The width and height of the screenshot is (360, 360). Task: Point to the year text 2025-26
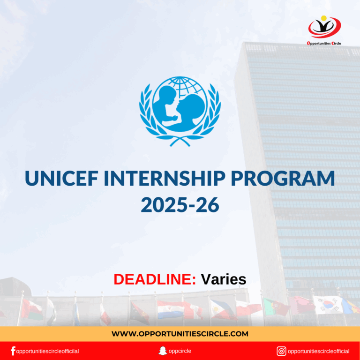(x=180, y=205)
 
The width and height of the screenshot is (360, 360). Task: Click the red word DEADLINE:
(x=155, y=279)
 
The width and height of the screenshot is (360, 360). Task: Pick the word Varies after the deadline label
(x=224, y=279)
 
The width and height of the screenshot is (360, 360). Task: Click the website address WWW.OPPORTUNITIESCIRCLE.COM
(x=180, y=334)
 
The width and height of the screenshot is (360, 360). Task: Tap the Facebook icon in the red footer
(x=13, y=351)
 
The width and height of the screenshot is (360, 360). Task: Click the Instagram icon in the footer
(x=281, y=351)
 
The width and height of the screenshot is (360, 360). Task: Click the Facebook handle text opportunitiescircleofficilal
(x=47, y=351)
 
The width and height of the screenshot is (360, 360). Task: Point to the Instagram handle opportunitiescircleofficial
(x=319, y=351)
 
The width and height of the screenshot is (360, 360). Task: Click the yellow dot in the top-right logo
(x=324, y=19)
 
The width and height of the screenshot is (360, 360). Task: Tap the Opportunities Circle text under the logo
(x=324, y=43)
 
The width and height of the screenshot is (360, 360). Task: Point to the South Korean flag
(x=326, y=305)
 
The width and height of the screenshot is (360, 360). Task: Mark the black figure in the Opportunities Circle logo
(x=324, y=27)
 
